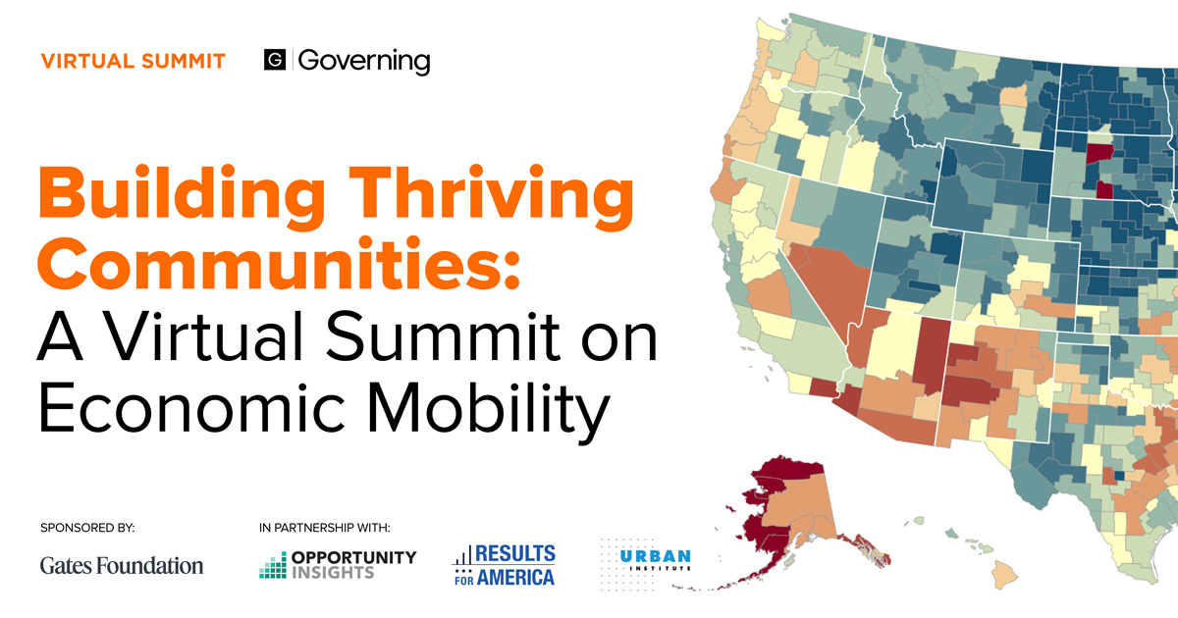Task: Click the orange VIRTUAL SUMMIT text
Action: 134,62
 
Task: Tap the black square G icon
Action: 275,61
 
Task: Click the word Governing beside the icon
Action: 363,62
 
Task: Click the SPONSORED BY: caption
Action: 87,528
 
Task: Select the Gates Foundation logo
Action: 122,565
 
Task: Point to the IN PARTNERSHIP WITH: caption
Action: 325,528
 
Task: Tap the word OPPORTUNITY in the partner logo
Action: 353,557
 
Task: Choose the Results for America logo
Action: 505,565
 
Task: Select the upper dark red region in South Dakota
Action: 1098,156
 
